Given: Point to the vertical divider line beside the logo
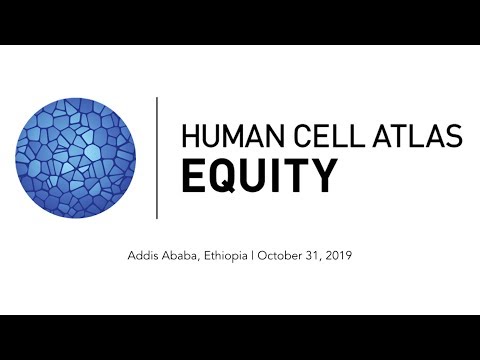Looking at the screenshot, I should (x=157, y=157).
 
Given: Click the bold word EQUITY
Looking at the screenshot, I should (x=257, y=177).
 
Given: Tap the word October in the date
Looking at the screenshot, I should (x=283, y=256).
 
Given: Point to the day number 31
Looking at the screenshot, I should (x=320, y=256).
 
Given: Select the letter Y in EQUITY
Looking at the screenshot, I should (x=322, y=177).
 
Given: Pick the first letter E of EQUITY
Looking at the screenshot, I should (x=192, y=177).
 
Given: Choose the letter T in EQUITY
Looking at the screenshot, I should (x=295, y=177).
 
